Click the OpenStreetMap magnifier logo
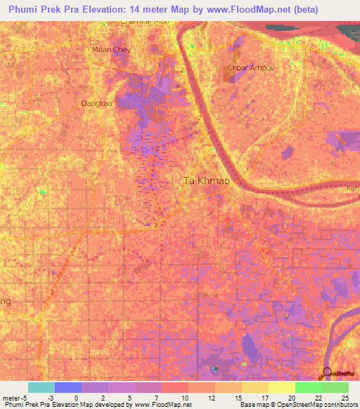pyautogui.click(x=327, y=372)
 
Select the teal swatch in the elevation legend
pyautogui.click(x=41, y=387)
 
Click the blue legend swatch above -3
pyautogui.click(x=68, y=387)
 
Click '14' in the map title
pyautogui.click(x=155, y=10)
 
